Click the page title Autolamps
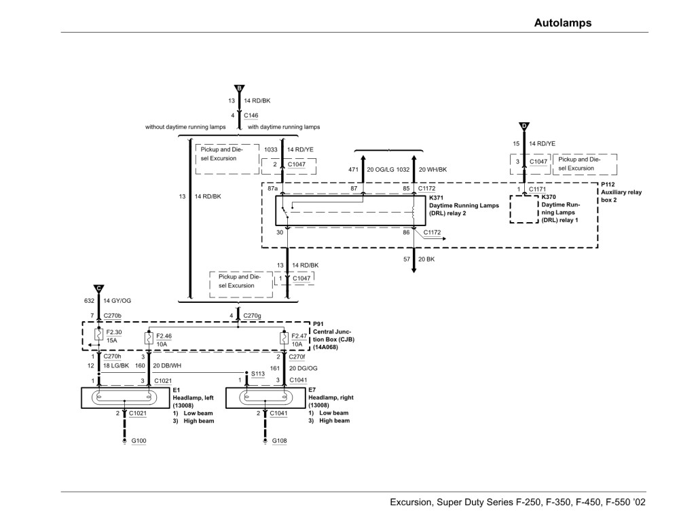pyautogui.click(x=563, y=22)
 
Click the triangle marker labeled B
pyautogui.click(x=238, y=89)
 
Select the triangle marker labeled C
pyautogui.click(x=99, y=287)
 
